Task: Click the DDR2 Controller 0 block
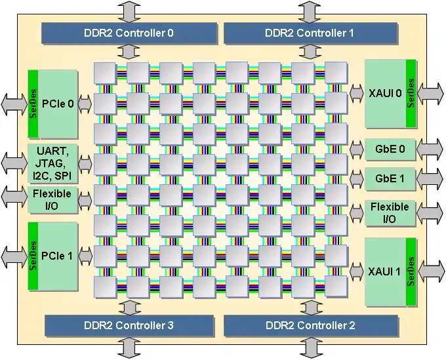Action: tap(129, 32)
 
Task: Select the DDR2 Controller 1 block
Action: tap(310, 32)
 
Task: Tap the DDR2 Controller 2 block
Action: tap(310, 325)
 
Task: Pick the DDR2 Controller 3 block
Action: tap(129, 325)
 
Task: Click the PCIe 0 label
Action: tap(57, 103)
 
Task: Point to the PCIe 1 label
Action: tap(57, 256)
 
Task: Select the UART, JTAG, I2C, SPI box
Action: tap(53, 164)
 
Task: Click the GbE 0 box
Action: tap(390, 150)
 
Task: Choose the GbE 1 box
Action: tap(390, 178)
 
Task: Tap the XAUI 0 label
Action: tap(384, 93)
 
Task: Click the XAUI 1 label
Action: tap(384, 271)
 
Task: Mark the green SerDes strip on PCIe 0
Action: tap(33, 103)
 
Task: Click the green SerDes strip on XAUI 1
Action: tap(411, 271)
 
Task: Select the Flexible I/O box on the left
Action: tap(53, 200)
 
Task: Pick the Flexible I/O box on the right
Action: tap(390, 212)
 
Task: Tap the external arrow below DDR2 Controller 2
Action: tap(310, 347)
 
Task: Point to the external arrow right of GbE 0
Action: tap(430, 149)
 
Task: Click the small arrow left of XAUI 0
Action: tap(357, 93)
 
